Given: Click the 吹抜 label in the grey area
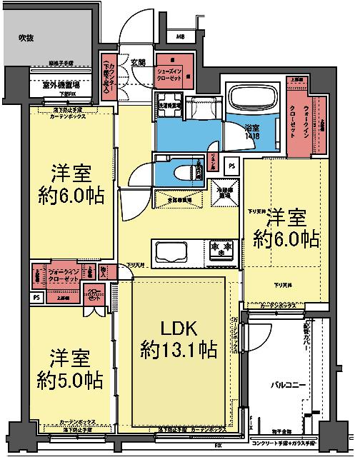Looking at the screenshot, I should click(x=26, y=36).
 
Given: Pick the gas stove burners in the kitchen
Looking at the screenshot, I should click(x=220, y=249).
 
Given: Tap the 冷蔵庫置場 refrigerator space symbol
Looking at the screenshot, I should click(x=225, y=191).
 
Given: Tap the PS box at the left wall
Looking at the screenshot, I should click(x=35, y=298).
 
